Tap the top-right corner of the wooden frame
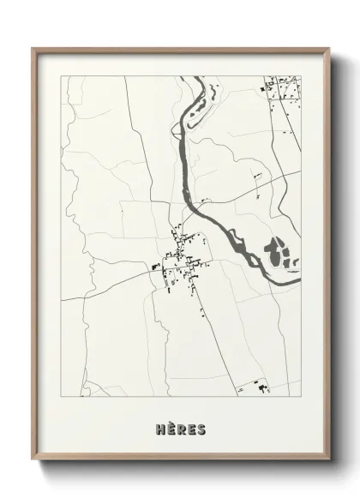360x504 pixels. (x=328, y=47)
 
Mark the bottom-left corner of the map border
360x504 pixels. (x=60, y=399)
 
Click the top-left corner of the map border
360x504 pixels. (x=60, y=76)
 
